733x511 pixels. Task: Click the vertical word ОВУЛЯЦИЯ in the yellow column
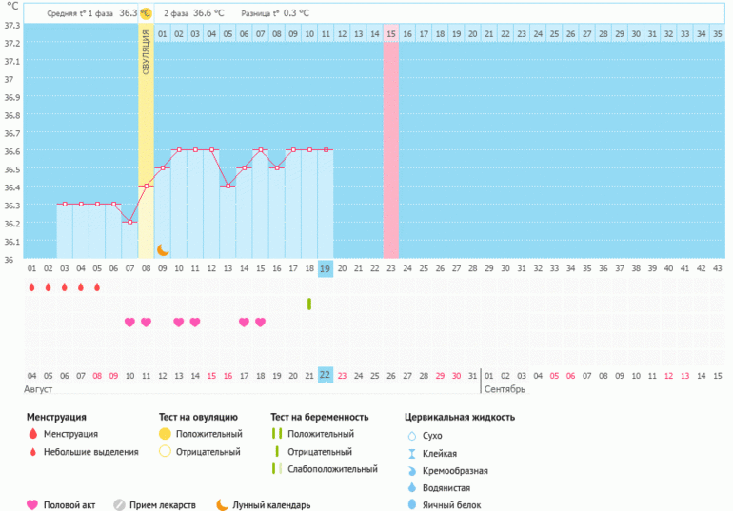pos(146,59)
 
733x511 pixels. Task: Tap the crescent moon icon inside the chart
pos(163,249)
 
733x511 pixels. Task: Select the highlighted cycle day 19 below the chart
pos(326,269)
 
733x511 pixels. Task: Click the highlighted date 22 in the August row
pos(326,375)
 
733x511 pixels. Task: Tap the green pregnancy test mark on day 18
pos(309,304)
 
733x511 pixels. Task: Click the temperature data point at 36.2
pos(129,222)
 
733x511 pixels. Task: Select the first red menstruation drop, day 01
pos(32,286)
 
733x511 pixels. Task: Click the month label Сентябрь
pos(505,390)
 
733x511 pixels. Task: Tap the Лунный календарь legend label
pos(271,505)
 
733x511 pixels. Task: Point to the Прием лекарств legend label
pos(164,505)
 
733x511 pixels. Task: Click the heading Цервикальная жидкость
pos(461,417)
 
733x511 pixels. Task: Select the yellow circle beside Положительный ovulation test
pos(165,434)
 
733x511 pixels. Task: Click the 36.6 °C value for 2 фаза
pos(207,13)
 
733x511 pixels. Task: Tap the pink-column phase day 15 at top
pos(391,35)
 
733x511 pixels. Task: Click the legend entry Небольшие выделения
pos(90,451)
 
